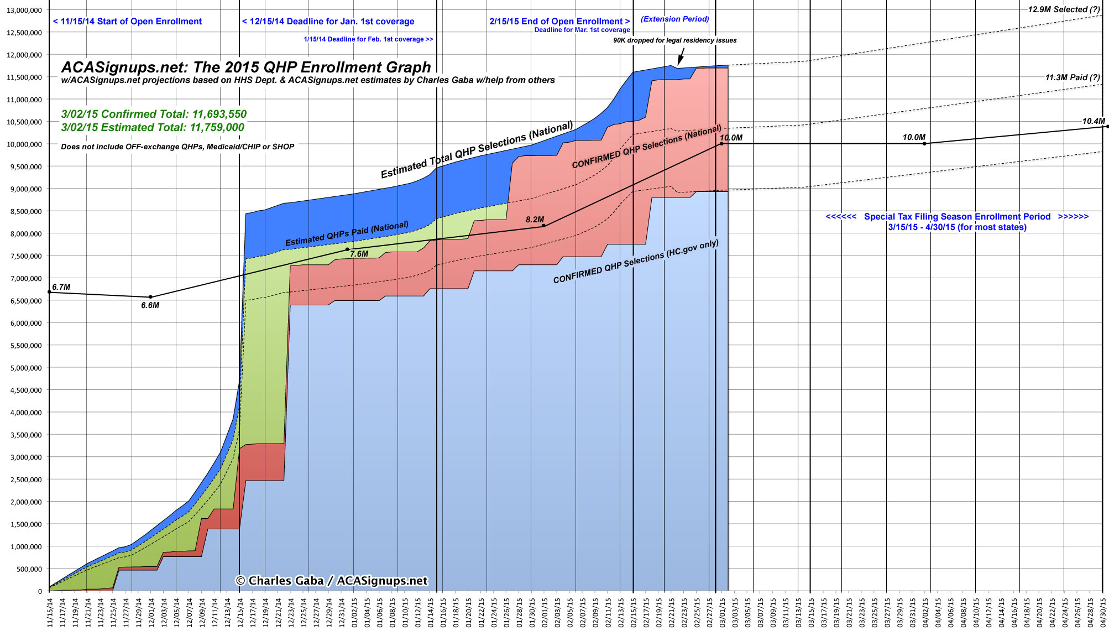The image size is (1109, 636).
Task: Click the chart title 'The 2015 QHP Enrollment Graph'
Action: [x=246, y=67]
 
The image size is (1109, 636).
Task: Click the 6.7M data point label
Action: [x=61, y=287]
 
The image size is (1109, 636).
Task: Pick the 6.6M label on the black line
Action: [x=150, y=305]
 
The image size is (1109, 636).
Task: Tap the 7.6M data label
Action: [x=359, y=254]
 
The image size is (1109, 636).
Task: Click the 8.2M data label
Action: [x=535, y=220]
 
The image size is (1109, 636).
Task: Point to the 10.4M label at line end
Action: [x=1093, y=121]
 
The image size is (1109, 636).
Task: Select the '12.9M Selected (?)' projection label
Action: [x=1064, y=9]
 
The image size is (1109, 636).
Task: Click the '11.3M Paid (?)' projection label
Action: [x=1072, y=77]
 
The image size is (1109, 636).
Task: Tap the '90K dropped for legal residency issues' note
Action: [x=674, y=40]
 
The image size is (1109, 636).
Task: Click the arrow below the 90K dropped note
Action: [x=681, y=56]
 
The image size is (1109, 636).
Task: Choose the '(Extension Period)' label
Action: [x=674, y=19]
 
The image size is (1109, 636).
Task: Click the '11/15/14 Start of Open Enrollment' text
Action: [x=127, y=22]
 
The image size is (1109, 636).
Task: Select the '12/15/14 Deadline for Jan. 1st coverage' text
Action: [x=328, y=22]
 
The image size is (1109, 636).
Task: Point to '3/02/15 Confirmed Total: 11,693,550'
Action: [x=154, y=114]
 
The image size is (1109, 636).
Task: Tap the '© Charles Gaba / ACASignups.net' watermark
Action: [x=332, y=581]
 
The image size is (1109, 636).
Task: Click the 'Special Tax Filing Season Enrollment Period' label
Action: [x=957, y=217]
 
